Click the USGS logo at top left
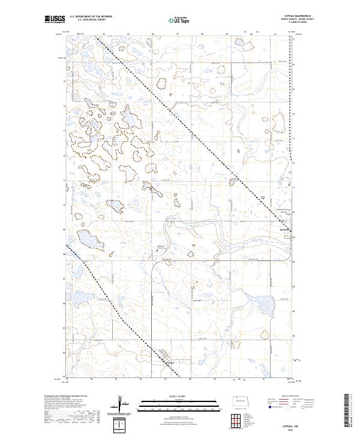55,20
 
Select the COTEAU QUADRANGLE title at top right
299,15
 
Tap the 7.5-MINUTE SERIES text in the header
299,23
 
